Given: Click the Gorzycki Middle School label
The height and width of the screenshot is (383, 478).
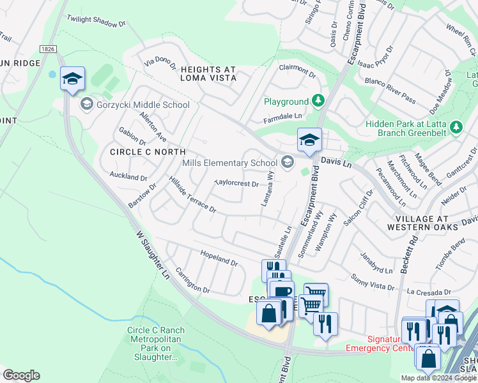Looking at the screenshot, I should click(143, 105).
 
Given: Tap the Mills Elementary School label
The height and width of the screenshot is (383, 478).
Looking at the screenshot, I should click(229, 163).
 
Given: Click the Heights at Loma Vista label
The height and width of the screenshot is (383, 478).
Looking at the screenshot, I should click(199, 73).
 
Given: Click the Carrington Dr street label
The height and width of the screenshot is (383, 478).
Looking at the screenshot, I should click(192, 280).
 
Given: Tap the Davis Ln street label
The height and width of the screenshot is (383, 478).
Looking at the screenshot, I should click(336, 163).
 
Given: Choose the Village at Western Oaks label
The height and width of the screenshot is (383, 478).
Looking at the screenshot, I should click(422, 222).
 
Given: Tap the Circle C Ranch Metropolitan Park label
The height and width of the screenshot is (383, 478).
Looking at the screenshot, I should click(157, 343).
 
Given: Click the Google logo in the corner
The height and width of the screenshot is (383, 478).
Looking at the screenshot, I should click(21, 375).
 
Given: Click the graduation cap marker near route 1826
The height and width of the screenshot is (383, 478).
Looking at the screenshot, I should click(72, 79).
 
